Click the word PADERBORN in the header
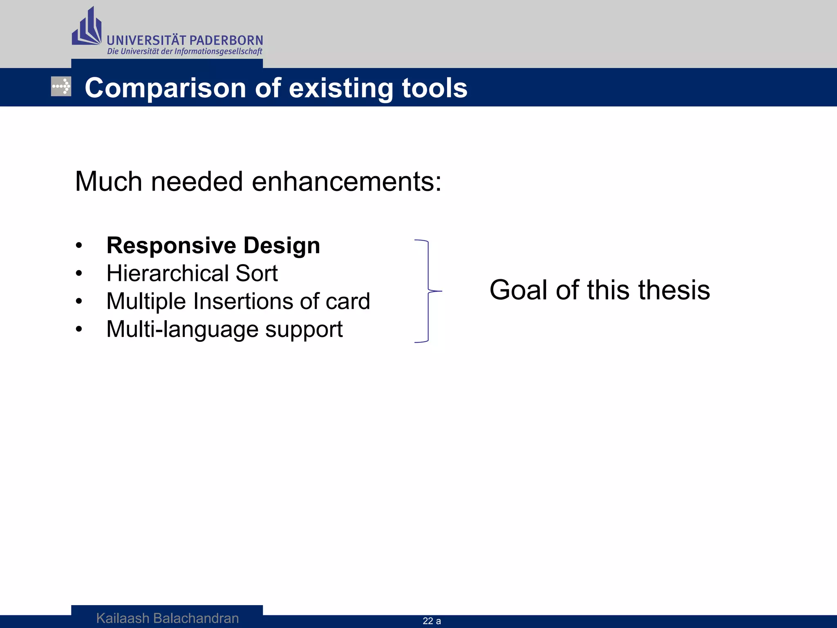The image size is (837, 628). coord(226,40)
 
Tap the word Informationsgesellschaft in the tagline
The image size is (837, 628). coord(218,52)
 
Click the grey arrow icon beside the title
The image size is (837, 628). coord(61,87)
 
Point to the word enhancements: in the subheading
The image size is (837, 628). coord(347,182)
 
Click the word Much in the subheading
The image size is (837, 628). coord(108,182)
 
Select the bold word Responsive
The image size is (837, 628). coord(171,246)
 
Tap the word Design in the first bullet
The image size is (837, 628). coord(282,246)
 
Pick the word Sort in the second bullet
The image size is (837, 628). coord(257,273)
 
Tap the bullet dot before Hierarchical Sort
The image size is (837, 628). coord(79,274)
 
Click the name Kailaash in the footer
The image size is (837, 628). coord(123,618)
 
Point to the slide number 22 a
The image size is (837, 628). coord(432,621)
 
